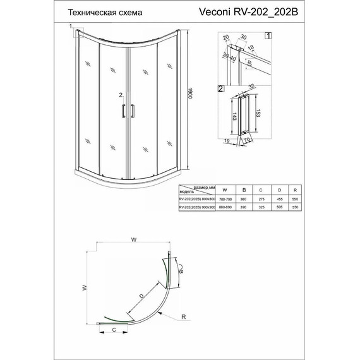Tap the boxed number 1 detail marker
(268, 35)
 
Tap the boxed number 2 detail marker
(220, 89)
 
